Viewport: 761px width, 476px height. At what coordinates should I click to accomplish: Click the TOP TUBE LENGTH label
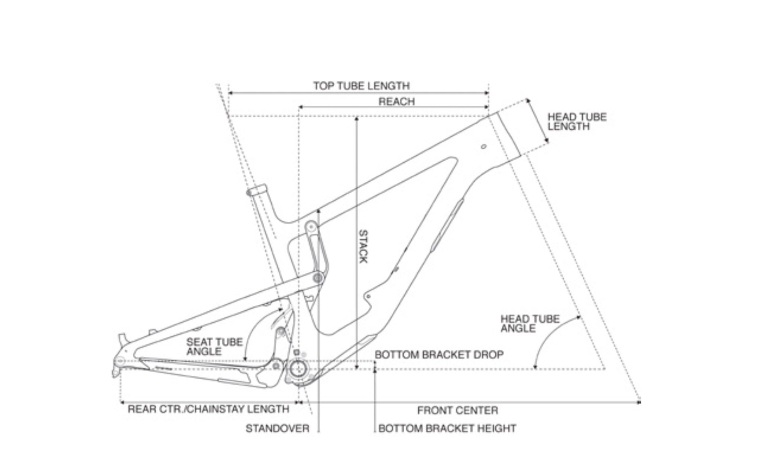click(x=361, y=86)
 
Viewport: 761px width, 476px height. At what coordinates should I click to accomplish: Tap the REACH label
click(x=396, y=101)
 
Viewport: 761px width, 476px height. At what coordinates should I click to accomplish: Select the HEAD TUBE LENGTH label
click(x=577, y=122)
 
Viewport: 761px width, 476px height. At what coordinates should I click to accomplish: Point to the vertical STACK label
click(x=363, y=246)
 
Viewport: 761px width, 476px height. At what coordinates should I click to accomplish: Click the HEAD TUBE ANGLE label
click(x=530, y=324)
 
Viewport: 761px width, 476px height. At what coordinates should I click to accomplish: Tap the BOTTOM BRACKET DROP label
click(x=439, y=354)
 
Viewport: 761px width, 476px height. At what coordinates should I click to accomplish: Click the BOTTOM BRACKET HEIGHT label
click(x=447, y=428)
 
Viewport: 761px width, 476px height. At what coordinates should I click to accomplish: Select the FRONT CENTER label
click(x=457, y=411)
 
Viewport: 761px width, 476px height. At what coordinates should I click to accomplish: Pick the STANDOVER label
click(x=277, y=428)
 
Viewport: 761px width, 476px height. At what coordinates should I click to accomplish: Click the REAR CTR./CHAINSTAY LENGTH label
click(x=208, y=409)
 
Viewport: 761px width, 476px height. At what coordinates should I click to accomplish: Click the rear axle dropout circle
click(x=120, y=360)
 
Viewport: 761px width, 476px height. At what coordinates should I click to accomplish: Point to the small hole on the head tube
click(x=483, y=146)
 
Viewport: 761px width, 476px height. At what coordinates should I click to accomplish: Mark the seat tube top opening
click(x=256, y=191)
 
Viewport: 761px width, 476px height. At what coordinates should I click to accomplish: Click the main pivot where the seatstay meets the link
click(x=318, y=278)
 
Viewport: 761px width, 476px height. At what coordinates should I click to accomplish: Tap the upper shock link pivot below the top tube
click(x=310, y=226)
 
